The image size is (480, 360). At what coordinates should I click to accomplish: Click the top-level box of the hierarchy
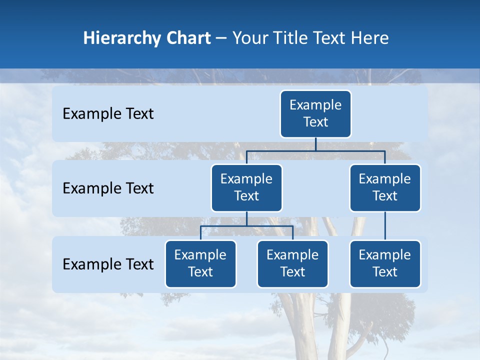[315, 114]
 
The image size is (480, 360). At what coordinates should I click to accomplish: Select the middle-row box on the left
[246, 188]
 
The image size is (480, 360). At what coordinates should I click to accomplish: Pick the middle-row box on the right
[385, 188]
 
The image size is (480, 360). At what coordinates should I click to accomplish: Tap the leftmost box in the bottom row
[200, 264]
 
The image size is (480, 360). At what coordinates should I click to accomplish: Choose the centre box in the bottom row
[292, 264]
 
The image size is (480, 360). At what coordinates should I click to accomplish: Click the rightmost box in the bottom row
[385, 264]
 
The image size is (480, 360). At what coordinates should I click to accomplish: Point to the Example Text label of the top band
[108, 114]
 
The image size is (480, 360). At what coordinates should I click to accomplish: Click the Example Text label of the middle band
[108, 188]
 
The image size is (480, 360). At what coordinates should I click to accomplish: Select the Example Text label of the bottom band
[108, 264]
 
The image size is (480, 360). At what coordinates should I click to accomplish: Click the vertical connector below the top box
[315, 144]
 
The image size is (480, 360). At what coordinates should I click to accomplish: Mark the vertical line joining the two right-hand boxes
[385, 226]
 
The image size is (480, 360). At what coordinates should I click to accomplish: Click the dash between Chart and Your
[221, 38]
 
